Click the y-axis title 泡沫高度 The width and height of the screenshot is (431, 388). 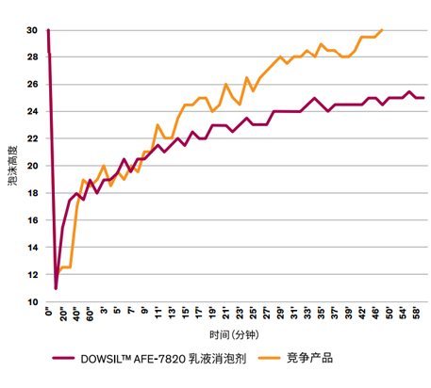click(x=11, y=167)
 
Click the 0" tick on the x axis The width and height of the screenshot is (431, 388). click(x=48, y=312)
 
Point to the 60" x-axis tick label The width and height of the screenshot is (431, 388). click(x=90, y=314)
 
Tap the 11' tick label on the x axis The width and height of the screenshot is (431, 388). click(x=158, y=312)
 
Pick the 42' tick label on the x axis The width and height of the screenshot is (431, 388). click(x=363, y=312)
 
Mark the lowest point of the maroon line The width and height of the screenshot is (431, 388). click(x=56, y=288)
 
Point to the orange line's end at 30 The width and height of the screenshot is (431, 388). click(x=382, y=30)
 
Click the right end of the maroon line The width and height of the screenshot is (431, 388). click(x=423, y=98)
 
